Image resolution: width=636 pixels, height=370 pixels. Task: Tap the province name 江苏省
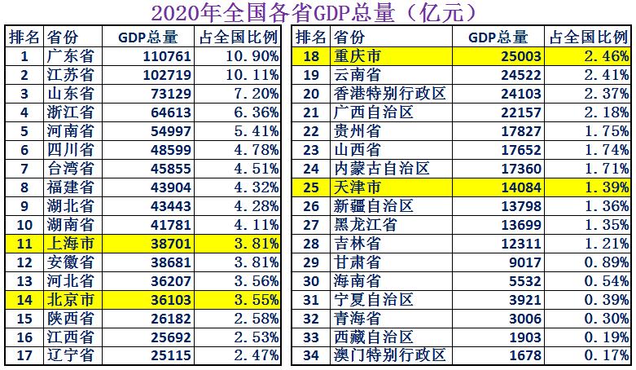tap(70, 75)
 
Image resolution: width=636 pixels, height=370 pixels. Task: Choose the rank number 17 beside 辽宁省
tap(24, 355)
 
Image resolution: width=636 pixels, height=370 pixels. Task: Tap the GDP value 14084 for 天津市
tap(516, 187)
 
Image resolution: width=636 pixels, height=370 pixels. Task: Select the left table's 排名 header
tap(24, 37)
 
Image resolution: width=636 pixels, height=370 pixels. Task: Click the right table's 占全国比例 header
tap(590, 37)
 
